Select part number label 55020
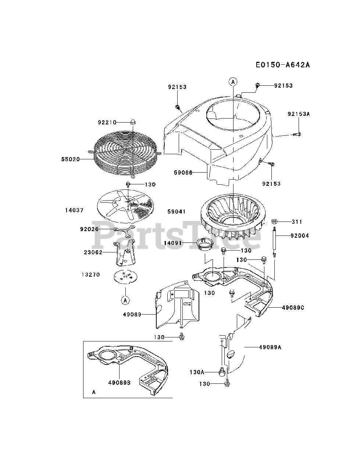coord(70,159)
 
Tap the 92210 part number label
coord(107,122)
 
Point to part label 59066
coord(183,172)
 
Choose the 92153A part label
coord(299,114)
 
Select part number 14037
coord(74,210)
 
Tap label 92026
coord(89,229)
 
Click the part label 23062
coord(93,252)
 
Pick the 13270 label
coord(90,275)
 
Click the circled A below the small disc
coord(125,301)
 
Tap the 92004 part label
coord(300,235)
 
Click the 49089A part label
coord(270,347)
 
